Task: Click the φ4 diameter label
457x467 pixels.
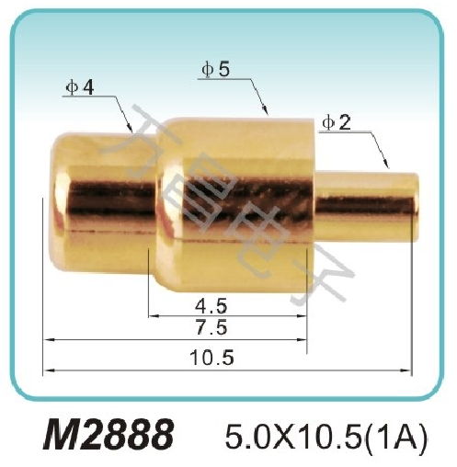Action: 80,86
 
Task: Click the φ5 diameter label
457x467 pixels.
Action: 215,69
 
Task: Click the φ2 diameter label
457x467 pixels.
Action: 337,123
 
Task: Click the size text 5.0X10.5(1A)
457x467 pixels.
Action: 327,432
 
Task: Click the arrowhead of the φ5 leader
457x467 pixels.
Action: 268,113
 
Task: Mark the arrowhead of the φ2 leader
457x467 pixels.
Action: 392,167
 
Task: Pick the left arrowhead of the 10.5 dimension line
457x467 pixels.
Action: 49,370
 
